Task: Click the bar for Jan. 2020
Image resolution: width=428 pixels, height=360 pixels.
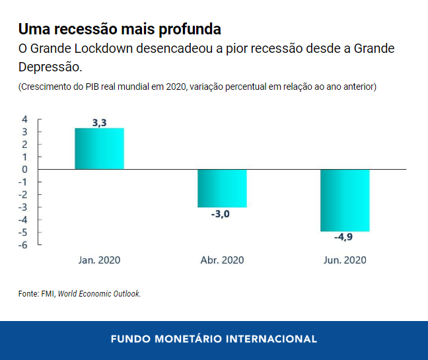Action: click(99, 149)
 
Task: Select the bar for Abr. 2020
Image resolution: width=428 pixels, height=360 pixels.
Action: click(222, 188)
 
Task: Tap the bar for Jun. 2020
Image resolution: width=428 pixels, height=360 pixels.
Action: click(345, 200)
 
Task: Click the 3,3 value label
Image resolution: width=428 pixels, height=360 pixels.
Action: click(99, 122)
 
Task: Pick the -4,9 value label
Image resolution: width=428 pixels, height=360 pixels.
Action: click(345, 238)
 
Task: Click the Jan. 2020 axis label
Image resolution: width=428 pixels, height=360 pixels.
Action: click(99, 260)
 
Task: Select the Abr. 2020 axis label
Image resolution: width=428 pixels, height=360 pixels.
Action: click(222, 260)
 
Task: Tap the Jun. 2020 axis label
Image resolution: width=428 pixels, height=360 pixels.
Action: click(345, 260)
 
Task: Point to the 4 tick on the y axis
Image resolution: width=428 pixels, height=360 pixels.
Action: click(24, 120)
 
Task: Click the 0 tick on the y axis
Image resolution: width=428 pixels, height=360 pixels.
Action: click(24, 170)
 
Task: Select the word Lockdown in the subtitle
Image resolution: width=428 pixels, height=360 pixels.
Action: click(102, 50)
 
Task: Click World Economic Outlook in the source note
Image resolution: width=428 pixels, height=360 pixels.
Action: click(99, 294)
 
